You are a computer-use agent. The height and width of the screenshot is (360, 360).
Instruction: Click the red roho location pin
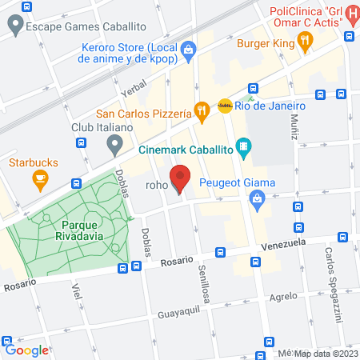click(x=181, y=178)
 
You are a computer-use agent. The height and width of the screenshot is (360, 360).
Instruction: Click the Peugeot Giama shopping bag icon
click(x=258, y=203)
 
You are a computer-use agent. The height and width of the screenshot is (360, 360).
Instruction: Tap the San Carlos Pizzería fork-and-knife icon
click(x=202, y=110)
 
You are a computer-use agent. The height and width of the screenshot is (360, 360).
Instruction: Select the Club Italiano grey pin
click(x=114, y=145)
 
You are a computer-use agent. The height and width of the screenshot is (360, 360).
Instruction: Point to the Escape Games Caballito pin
click(x=14, y=26)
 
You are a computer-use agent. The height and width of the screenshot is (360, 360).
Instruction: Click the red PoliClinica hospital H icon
click(x=349, y=37)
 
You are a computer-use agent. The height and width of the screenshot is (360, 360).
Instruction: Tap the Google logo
click(x=26, y=350)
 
